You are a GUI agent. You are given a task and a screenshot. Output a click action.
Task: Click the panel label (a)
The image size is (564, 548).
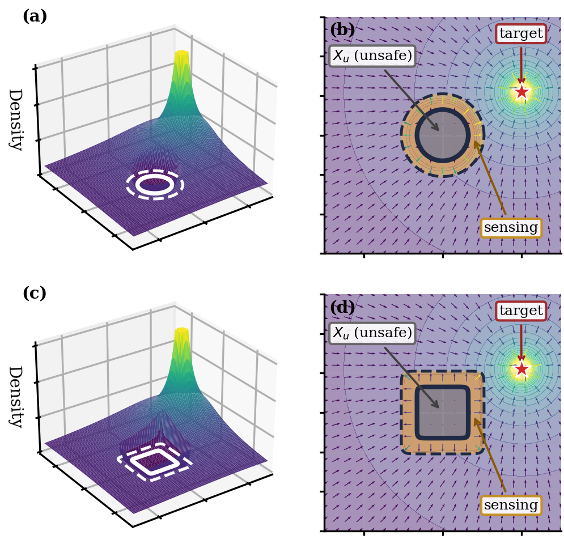(35, 16)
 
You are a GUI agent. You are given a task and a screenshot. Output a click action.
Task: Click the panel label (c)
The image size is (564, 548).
(35, 293)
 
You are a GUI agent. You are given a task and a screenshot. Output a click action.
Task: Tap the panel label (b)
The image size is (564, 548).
(342, 30)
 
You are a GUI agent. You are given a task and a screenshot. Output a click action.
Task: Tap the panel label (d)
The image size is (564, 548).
(342, 308)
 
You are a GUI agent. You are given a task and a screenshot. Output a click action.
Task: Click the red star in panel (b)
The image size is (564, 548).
(521, 92)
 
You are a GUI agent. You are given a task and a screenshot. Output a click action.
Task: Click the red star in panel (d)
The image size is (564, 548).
(521, 369)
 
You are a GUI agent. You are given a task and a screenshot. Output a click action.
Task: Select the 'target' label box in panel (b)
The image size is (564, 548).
(521, 34)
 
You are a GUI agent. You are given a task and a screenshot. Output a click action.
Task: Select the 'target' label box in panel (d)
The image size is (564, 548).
(521, 311)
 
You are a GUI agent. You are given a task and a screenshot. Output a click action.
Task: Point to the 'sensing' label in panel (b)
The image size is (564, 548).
(511, 228)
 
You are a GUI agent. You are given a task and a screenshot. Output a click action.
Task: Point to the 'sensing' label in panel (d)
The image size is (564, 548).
(511, 505)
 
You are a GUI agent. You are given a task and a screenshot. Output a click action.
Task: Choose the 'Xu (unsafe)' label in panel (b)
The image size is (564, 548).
(372, 56)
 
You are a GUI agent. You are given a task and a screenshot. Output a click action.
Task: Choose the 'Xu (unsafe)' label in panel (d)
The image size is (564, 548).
(372, 333)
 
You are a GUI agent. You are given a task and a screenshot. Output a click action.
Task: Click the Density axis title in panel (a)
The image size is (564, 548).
(16, 120)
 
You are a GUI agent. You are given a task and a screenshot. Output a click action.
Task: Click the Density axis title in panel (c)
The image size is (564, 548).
(16, 397)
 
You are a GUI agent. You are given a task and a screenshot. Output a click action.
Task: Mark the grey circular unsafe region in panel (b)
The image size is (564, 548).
(443, 135)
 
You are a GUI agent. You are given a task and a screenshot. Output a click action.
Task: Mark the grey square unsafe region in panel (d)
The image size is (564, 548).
(443, 413)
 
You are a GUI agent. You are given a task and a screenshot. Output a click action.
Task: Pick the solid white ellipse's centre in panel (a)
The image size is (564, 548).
(155, 185)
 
